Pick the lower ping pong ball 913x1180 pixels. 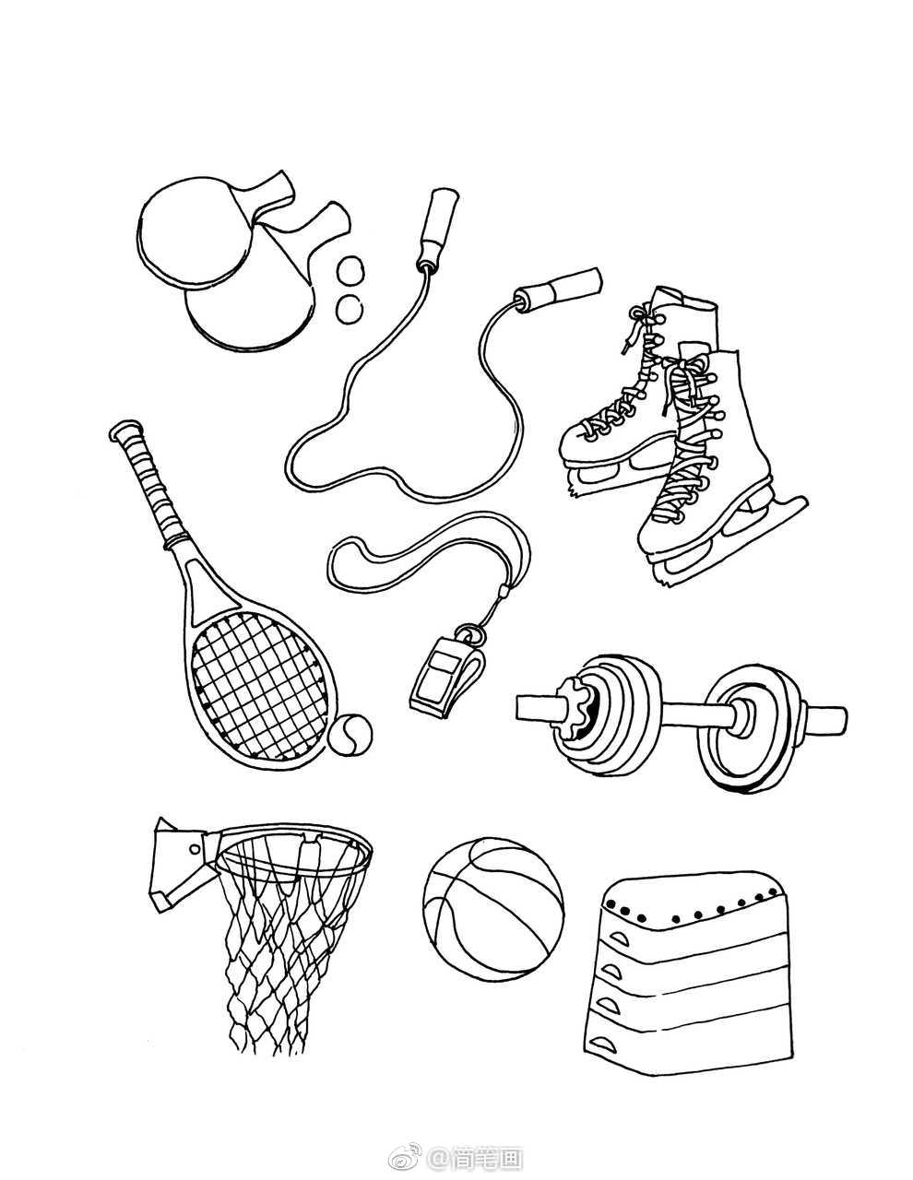pos(349,309)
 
